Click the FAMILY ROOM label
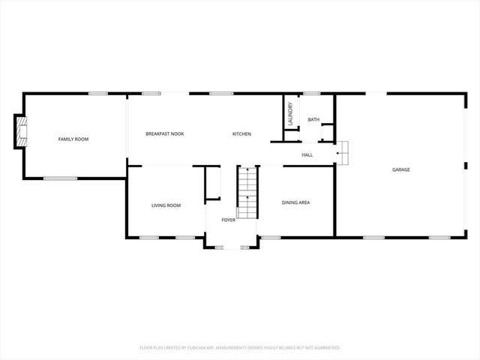coord(73,139)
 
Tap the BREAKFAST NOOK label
coord(165,133)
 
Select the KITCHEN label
coord(241,133)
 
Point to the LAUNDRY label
coord(290,115)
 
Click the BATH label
coord(313,119)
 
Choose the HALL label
coord(307,154)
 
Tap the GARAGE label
coord(400,169)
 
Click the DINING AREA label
coord(295,202)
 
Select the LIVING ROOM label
coord(166,205)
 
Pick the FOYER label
coord(228,220)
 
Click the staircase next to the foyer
coord(247,192)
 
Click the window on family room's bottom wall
coord(60,178)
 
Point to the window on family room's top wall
coord(97,93)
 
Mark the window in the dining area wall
coord(271,238)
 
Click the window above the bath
coord(312,93)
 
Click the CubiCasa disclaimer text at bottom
coord(240,347)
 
